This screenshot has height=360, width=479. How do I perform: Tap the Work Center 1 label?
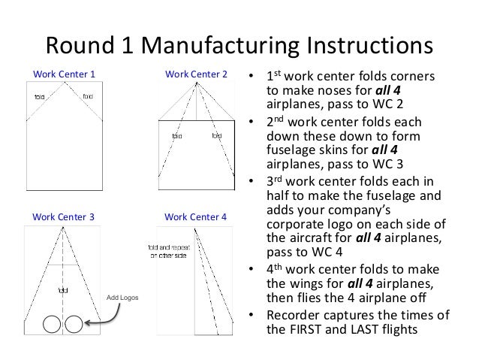[65, 74]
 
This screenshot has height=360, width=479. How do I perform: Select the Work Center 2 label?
[196, 74]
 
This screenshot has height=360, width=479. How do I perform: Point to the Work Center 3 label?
[65, 217]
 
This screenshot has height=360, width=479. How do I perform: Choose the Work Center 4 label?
[196, 217]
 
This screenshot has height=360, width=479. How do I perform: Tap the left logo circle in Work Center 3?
[52, 324]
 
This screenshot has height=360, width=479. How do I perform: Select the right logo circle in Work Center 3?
[73, 324]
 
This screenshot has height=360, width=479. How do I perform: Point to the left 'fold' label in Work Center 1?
[40, 96]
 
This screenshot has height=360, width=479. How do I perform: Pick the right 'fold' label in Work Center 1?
[88, 96]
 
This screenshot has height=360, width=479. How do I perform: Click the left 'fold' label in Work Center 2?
[177, 136]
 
